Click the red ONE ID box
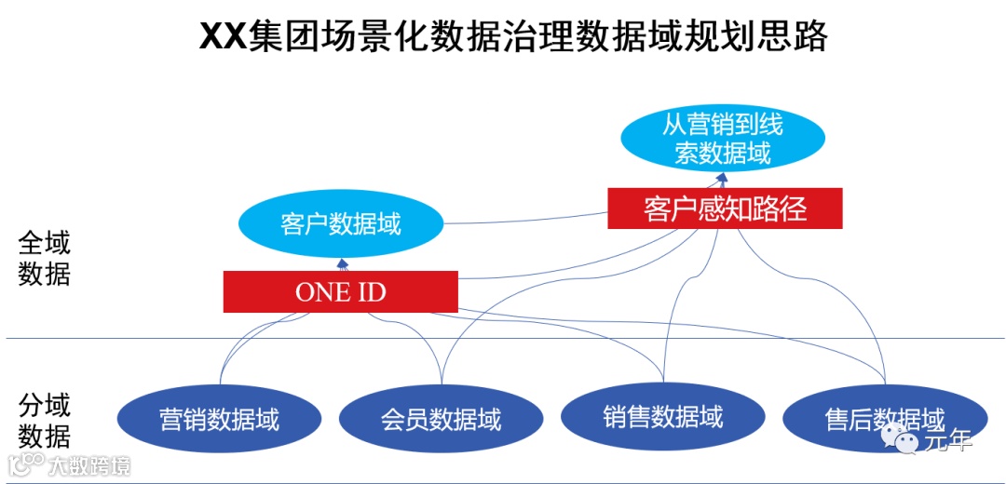[340, 292]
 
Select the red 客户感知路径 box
[725, 208]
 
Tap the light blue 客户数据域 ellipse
[340, 224]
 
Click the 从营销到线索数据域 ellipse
[723, 139]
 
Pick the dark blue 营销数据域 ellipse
[219, 419]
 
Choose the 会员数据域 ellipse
[441, 420]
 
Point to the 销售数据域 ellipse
[662, 416]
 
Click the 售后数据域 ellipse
[884, 420]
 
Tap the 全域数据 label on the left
[44, 258]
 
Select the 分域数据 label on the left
[44, 420]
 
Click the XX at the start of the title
[224, 37]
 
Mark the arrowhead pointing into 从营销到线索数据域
[723, 177]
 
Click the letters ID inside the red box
[369, 292]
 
